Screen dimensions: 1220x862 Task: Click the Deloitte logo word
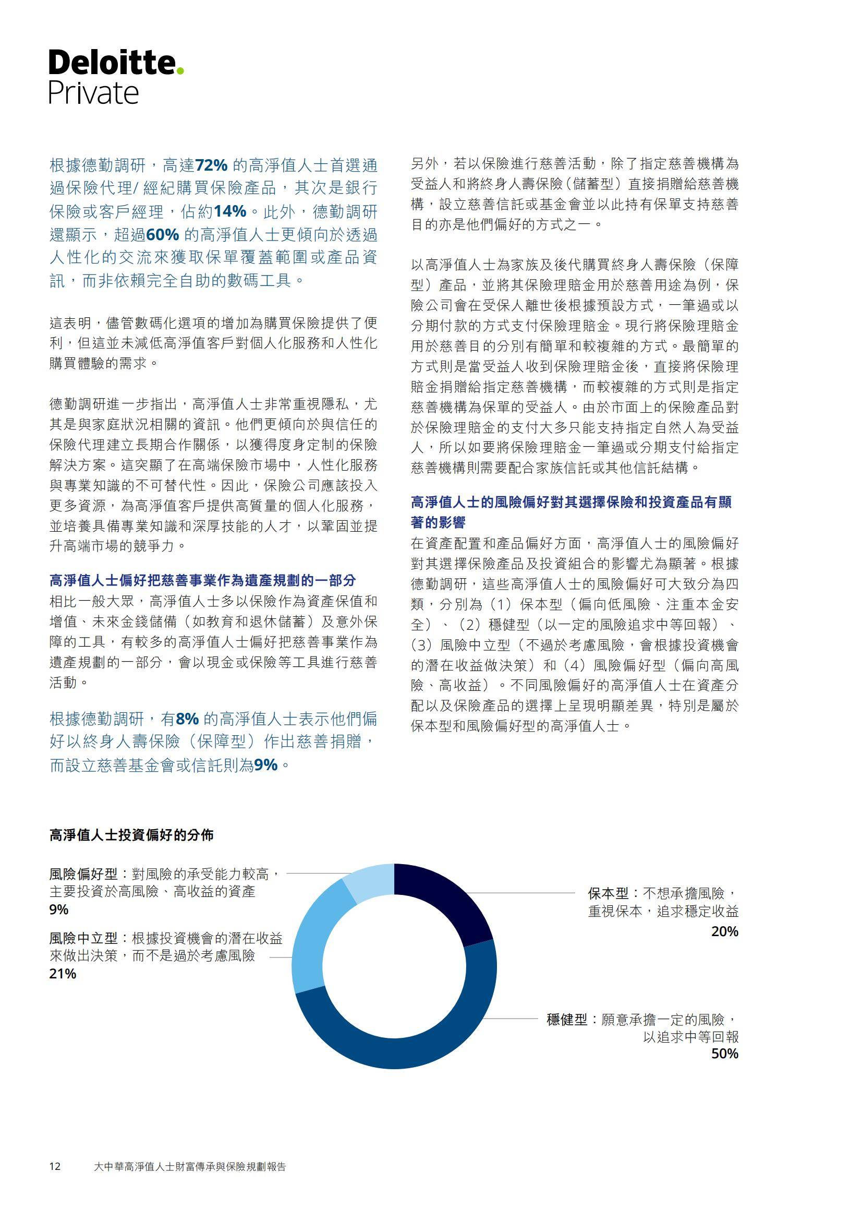click(112, 63)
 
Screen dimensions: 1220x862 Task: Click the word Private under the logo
click(93, 93)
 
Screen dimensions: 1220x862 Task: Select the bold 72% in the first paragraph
click(211, 166)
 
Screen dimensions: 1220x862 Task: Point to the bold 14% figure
click(229, 211)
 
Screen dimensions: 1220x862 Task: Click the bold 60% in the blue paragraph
click(162, 235)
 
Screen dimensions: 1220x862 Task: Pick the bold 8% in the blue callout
click(187, 719)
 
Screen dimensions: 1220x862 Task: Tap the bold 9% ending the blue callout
click(265, 764)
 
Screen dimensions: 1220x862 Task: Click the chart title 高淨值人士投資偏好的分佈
click(131, 835)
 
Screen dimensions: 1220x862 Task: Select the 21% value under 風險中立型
click(63, 974)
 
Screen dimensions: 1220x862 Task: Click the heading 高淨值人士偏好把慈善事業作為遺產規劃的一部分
click(202, 580)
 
